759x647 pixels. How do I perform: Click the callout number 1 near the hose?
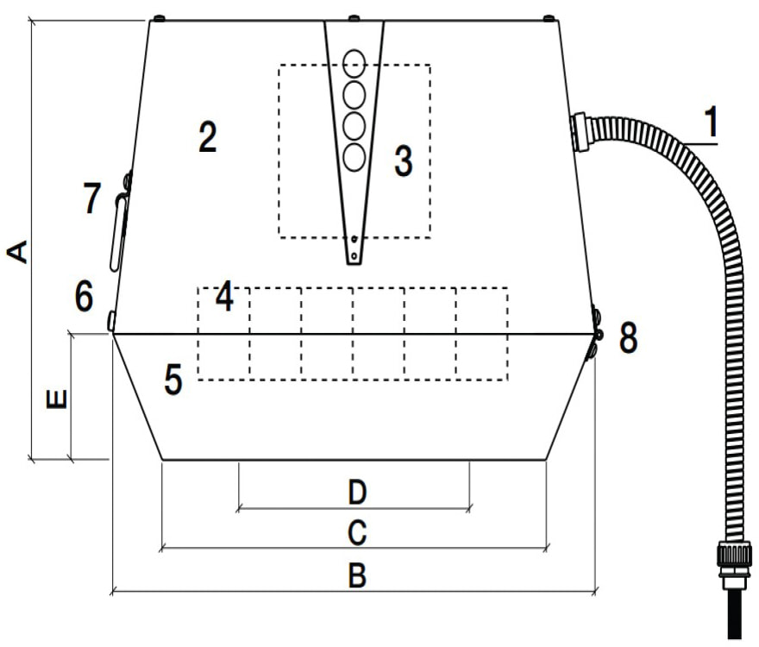click(x=709, y=123)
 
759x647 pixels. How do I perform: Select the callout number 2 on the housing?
click(x=207, y=137)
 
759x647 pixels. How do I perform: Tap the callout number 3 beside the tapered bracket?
click(x=403, y=161)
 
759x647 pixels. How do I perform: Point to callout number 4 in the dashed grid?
click(x=224, y=298)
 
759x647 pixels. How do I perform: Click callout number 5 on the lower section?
click(x=173, y=380)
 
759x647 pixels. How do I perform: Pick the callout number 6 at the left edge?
click(x=84, y=297)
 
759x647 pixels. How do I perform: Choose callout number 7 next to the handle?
click(x=92, y=198)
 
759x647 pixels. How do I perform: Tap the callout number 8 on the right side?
click(x=629, y=338)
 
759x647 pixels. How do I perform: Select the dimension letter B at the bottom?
click(x=356, y=575)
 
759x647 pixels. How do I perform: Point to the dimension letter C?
click(x=356, y=533)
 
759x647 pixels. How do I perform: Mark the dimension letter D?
click(x=357, y=493)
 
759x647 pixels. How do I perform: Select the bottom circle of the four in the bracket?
click(x=354, y=157)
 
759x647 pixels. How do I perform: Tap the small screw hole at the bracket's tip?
click(x=354, y=240)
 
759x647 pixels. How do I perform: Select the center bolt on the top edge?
click(x=353, y=17)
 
